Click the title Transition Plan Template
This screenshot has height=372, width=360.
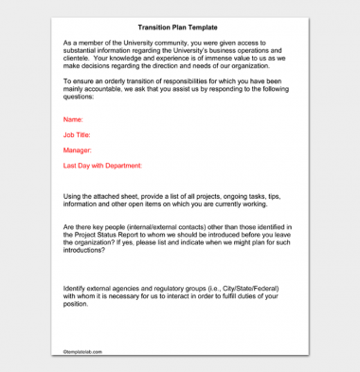179,28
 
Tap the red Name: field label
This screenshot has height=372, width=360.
73,119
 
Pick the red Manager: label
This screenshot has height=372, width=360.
78,150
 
